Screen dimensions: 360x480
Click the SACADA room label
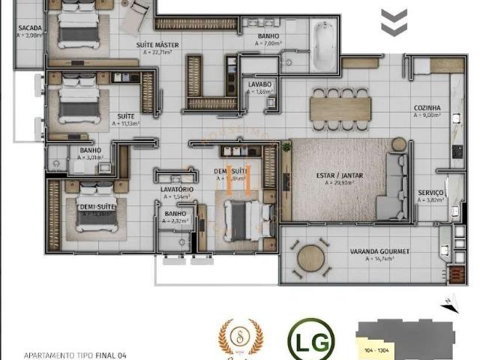tap(31, 28)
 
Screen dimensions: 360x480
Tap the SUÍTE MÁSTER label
tap(157, 44)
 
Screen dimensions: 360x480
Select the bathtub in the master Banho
tap(325, 46)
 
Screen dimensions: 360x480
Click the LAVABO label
tap(261, 85)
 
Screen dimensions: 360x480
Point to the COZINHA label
tap(427, 108)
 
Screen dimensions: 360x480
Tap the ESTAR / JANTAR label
tap(340, 175)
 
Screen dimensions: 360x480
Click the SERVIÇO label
tap(430, 193)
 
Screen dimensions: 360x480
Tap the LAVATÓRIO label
tap(178, 190)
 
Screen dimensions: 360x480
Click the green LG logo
tap(310, 340)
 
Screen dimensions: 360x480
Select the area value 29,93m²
tap(342, 183)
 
